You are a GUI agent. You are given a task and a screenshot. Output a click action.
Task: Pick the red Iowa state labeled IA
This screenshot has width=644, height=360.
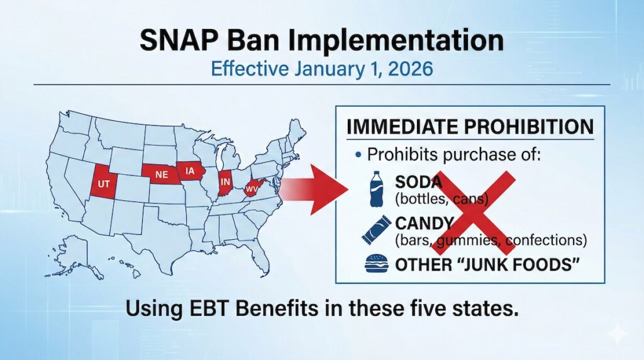click(190, 170)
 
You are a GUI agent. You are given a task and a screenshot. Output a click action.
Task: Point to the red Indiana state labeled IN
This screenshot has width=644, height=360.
click(225, 182)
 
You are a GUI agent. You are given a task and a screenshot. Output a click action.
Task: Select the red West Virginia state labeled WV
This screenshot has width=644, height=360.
click(253, 188)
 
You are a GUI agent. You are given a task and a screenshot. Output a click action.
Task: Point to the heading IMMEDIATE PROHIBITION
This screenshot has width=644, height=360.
click(470, 127)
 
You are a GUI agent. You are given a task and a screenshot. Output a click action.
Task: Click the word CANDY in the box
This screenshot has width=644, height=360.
click(425, 223)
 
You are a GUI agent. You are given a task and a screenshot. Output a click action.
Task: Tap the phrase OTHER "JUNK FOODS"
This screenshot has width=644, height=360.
click(486, 264)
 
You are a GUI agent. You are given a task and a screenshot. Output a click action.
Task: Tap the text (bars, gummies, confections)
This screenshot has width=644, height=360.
click(491, 240)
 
